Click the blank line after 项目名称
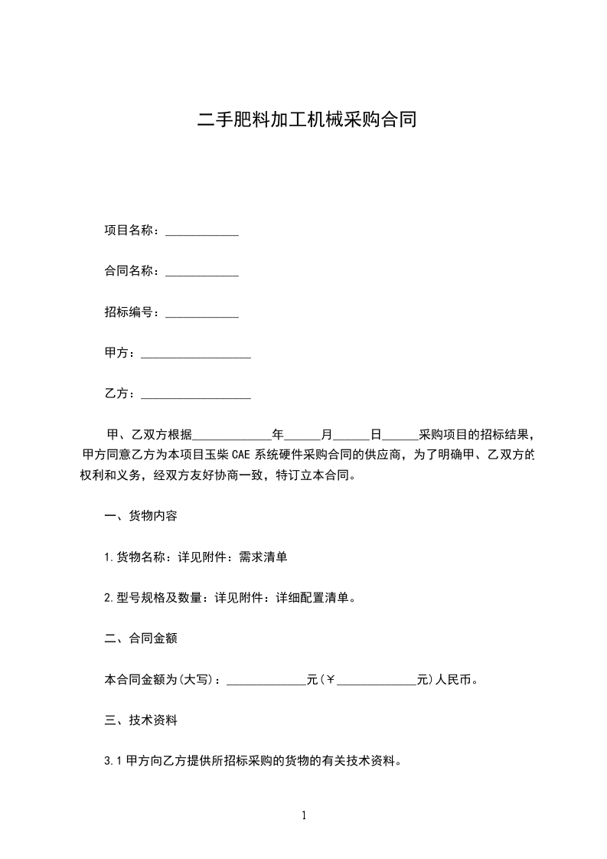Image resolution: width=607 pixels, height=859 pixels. (202, 230)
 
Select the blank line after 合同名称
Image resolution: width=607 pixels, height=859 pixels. (202, 272)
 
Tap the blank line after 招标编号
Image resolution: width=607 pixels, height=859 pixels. (202, 313)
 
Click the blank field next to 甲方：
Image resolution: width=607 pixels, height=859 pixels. (196, 354)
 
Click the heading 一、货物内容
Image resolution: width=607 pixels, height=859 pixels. (141, 515)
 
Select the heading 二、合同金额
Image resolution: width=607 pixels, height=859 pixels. (141, 639)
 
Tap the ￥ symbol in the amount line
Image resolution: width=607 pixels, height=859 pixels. (331, 680)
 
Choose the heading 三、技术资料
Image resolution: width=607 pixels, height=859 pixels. (141, 720)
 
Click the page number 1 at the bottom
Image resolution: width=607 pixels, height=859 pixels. (304, 816)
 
